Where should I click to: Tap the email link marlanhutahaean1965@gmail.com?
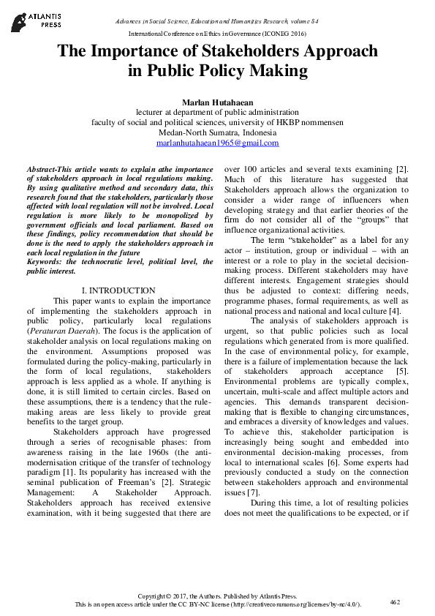click(x=217, y=143)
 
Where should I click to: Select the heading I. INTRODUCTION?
click(x=118, y=290)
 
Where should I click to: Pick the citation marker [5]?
click(x=401, y=371)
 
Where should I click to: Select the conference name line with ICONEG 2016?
click(x=216, y=34)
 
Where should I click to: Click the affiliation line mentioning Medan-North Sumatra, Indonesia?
click(x=217, y=133)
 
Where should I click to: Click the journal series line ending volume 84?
click(x=216, y=23)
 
